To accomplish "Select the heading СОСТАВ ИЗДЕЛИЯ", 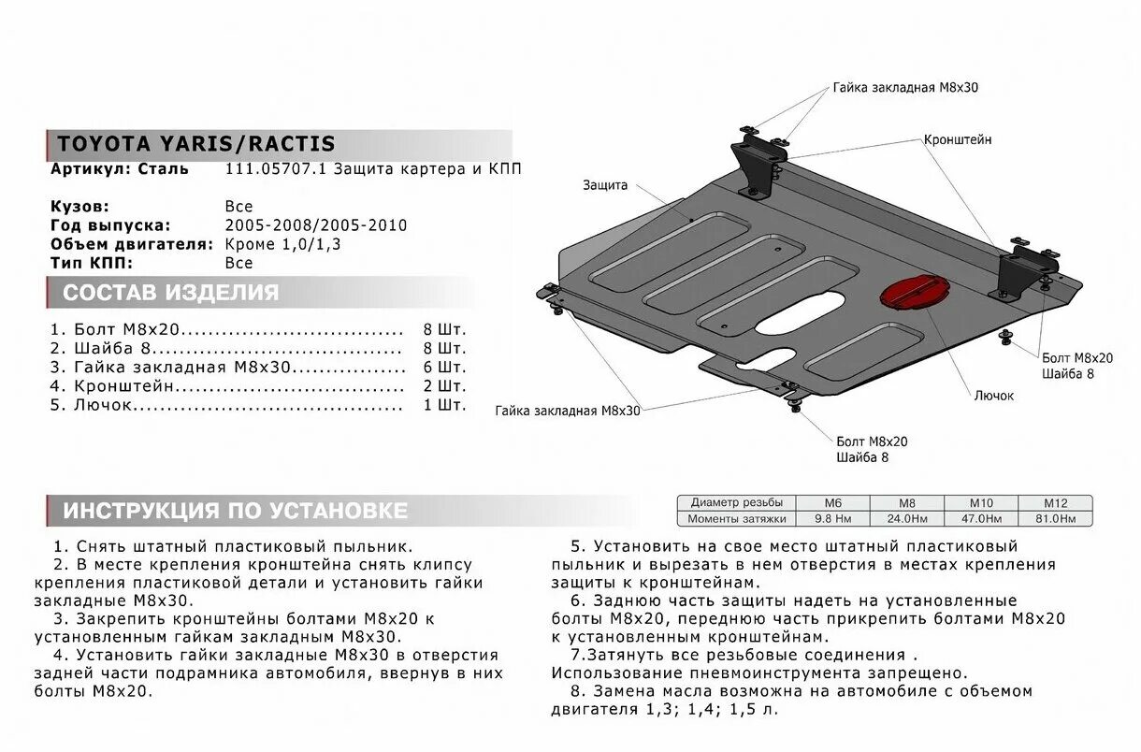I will click(170, 293).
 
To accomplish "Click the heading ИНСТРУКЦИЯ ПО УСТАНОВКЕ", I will click(235, 511).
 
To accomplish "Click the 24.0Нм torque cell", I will click(907, 518).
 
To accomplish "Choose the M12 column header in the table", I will click(1056, 502).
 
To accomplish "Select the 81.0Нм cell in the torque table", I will click(1056, 518).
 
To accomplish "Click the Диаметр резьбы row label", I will click(736, 502).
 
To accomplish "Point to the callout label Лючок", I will click(993, 396).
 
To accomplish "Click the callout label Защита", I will click(604, 185).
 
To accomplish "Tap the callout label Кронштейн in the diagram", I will click(958, 139).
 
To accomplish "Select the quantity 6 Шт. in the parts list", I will click(444, 368).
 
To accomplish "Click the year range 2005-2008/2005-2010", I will click(316, 225).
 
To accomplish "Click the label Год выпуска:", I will click(110, 225).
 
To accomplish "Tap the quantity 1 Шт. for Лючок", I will click(444, 405).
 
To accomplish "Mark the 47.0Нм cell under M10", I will click(981, 518).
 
